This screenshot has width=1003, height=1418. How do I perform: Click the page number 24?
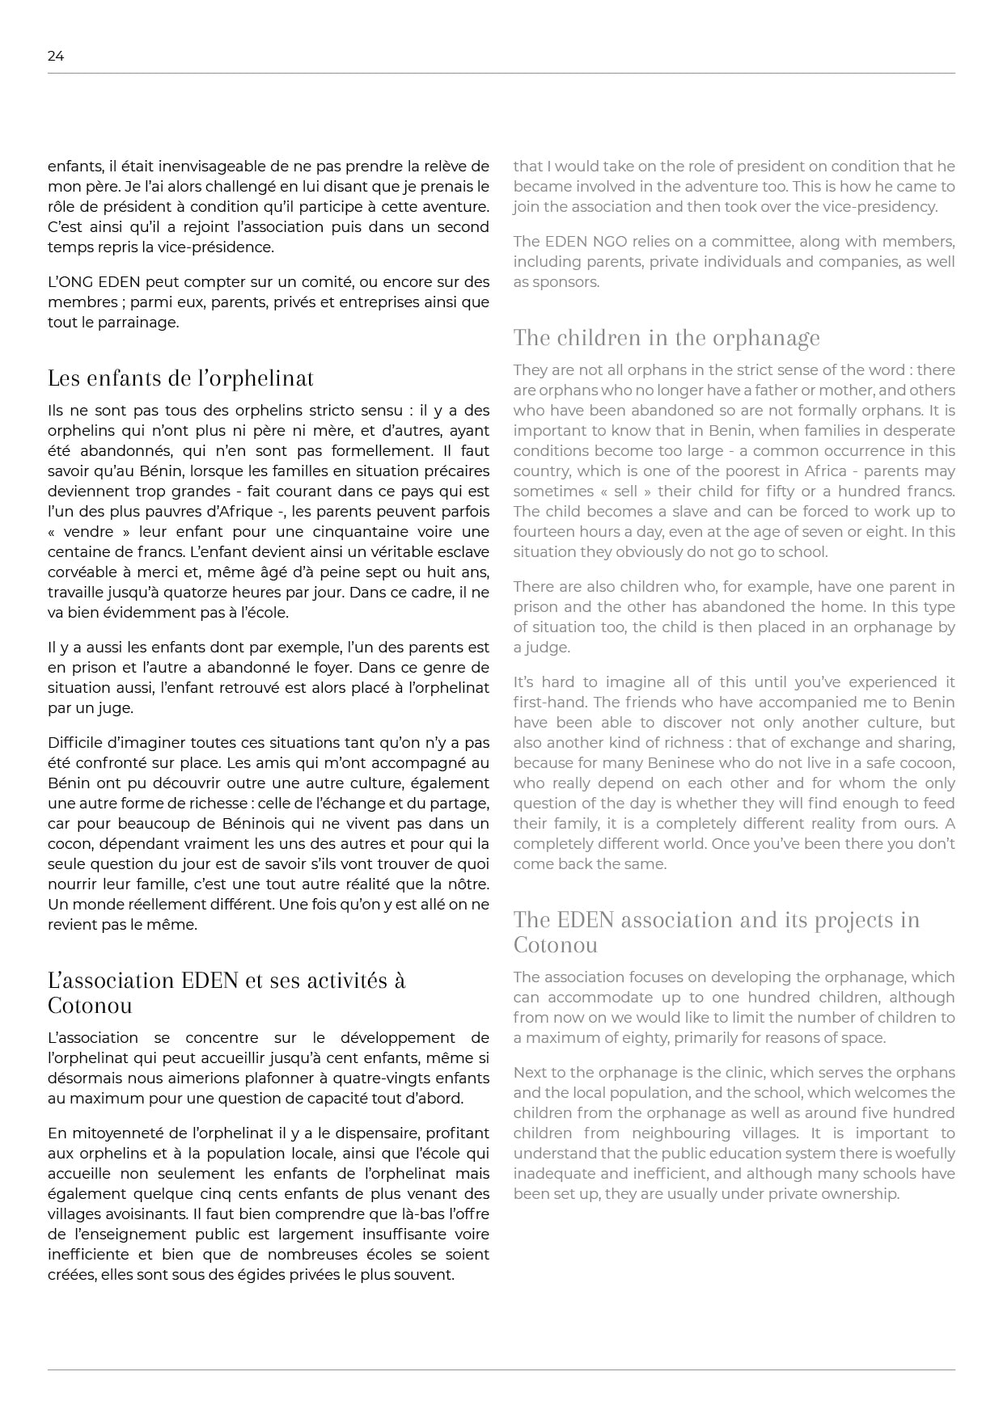56,56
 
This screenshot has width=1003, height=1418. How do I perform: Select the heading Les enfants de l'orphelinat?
180,378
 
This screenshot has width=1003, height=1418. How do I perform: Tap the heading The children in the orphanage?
667,338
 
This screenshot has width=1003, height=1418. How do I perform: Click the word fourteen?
547,532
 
